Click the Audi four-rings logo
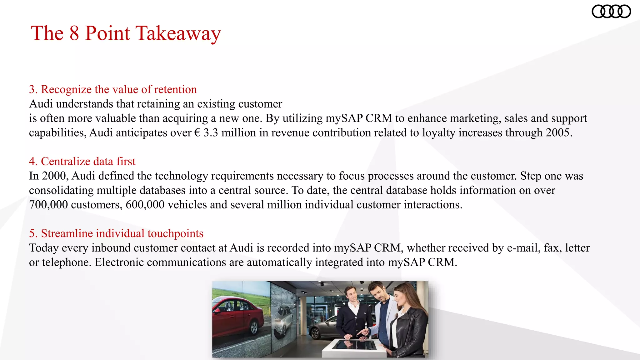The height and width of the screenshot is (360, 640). [611, 12]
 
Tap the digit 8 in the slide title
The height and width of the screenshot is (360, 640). [74, 33]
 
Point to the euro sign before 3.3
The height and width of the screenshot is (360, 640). [197, 133]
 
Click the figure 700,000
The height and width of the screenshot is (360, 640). [48, 205]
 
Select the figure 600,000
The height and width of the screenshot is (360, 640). [145, 205]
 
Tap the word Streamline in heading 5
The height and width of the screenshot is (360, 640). [67, 233]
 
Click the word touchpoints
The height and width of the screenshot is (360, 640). [175, 233]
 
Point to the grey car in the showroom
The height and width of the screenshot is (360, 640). [322, 328]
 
